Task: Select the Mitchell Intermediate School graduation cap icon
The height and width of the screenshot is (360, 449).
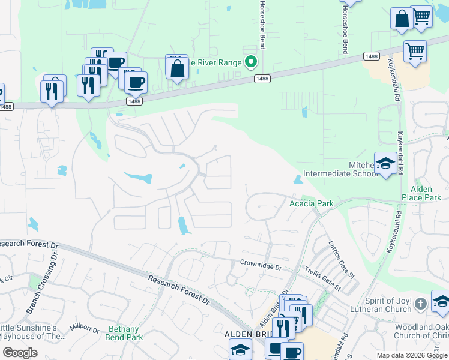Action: (x=385, y=163)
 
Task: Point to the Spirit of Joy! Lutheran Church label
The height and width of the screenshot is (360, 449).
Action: (x=388, y=304)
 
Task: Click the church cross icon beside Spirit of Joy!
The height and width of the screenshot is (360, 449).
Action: (x=421, y=304)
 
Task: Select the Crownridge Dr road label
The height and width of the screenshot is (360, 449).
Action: (x=261, y=263)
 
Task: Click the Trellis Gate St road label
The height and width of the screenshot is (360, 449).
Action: (x=322, y=279)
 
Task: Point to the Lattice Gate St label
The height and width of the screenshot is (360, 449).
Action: (x=342, y=259)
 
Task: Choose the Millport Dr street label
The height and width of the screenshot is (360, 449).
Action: (x=83, y=329)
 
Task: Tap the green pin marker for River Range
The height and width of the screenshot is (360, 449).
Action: (x=252, y=62)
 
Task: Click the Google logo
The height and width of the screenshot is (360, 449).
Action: (x=19, y=353)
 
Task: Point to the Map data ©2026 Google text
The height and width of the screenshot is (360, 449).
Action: (x=411, y=355)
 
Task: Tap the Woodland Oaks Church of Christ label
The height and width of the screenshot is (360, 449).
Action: (x=420, y=331)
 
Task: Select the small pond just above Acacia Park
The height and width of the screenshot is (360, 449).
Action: (x=298, y=180)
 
